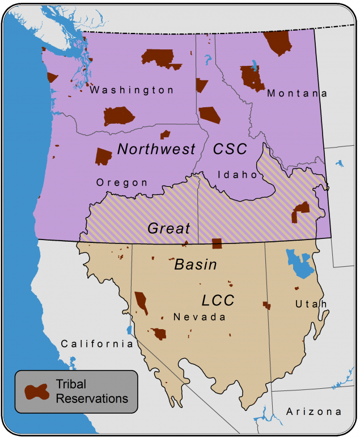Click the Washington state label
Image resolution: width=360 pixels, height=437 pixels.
coord(132,90)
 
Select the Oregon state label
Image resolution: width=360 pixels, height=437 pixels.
coord(122,183)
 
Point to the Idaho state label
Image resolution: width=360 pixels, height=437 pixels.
coord(238,175)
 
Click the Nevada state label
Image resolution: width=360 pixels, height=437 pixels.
coord(200,317)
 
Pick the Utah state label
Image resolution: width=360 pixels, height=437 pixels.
coord(311,304)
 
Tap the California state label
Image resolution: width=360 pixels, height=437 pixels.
coord(97,343)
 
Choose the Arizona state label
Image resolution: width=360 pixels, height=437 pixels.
coord(314,411)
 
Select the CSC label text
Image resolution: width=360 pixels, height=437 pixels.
coord(230,149)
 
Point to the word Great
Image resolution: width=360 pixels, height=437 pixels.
coord(168,228)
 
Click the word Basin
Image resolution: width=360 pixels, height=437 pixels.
coord(195,264)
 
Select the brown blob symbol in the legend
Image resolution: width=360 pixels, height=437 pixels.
coord(36,392)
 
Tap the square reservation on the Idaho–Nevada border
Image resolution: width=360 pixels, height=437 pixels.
coord(216,243)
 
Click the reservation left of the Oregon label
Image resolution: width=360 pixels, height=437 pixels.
coord(103,156)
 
